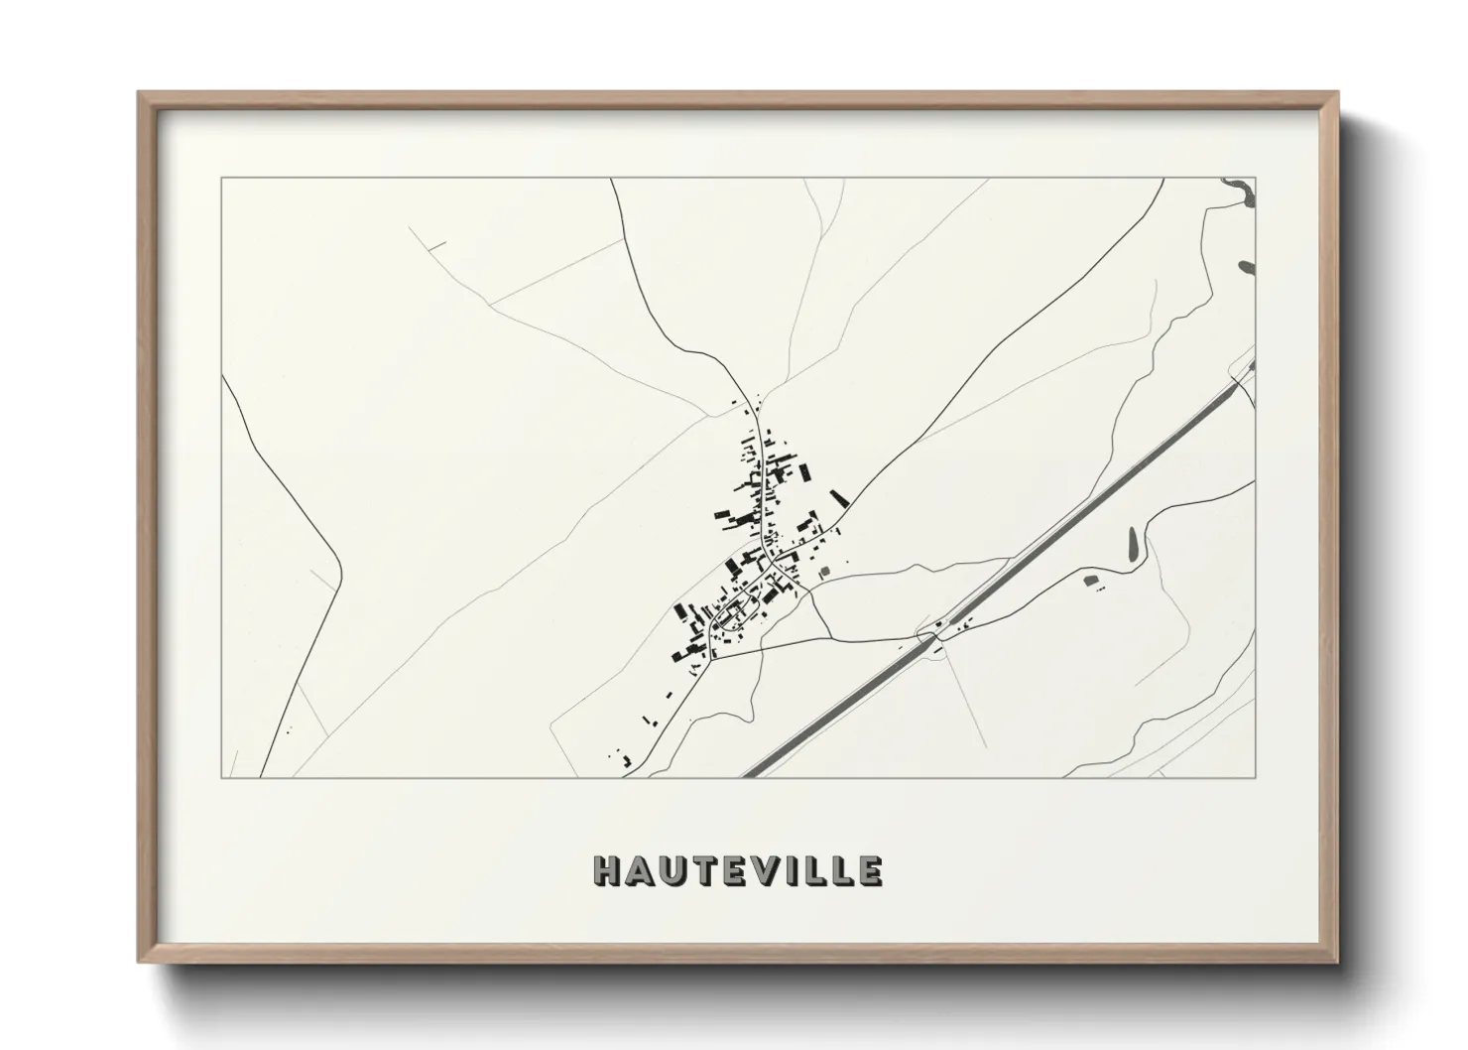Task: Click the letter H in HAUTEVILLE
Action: (x=606, y=870)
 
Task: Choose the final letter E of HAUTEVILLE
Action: (x=869, y=870)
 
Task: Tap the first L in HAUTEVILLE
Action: (x=816, y=870)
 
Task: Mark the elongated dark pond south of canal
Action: (x=1134, y=542)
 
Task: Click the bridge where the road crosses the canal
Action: (x=935, y=631)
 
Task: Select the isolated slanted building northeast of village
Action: (x=839, y=498)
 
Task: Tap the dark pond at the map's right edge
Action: (x=1247, y=266)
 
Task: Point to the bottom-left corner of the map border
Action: (x=221, y=777)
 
